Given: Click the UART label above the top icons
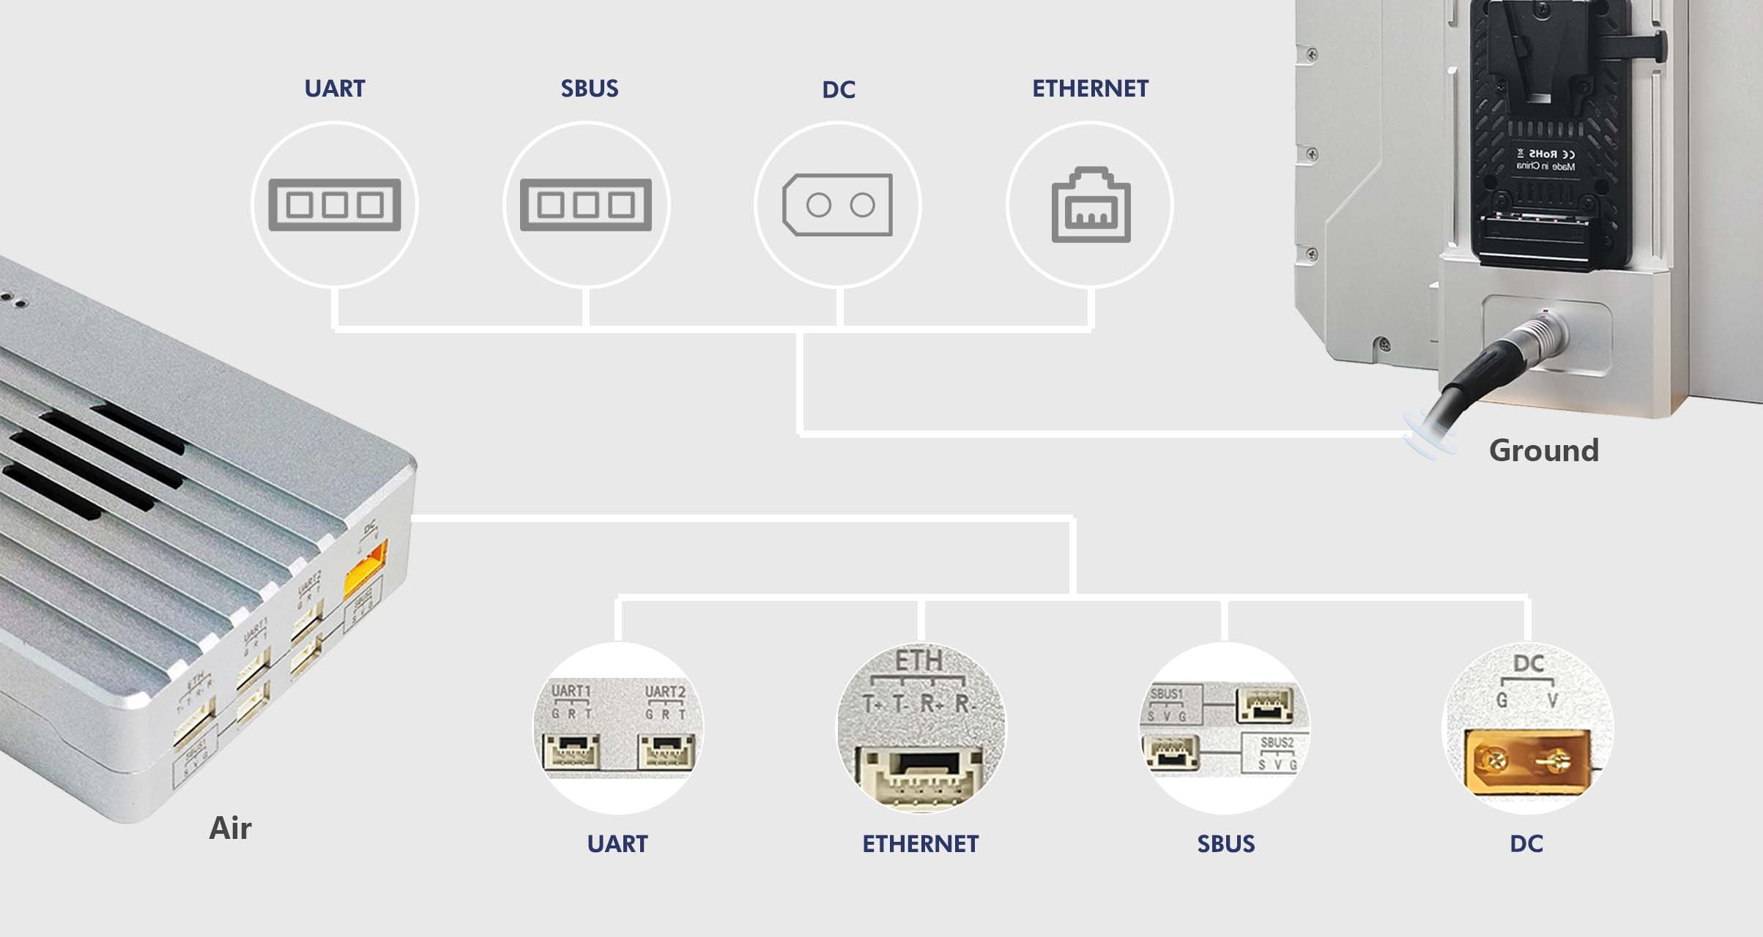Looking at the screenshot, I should [334, 89].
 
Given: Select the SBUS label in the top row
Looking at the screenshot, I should [589, 89].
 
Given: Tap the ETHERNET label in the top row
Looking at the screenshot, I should [1090, 89].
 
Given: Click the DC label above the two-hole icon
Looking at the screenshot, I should [838, 90].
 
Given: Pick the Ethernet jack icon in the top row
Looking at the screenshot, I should [1091, 206].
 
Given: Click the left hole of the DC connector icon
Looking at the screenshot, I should [818, 206].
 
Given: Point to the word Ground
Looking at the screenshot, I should [1543, 450].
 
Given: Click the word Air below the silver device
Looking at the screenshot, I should [230, 828].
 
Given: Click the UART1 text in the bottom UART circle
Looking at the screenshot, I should [571, 691].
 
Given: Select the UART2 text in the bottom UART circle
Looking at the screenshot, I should [664, 692].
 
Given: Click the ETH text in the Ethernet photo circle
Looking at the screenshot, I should [918, 661].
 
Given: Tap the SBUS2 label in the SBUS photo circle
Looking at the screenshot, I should [1277, 742].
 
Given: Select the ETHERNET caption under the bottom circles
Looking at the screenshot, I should [920, 844].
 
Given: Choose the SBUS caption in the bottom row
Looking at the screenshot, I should [1225, 844].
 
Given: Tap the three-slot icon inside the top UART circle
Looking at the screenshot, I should [334, 205].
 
